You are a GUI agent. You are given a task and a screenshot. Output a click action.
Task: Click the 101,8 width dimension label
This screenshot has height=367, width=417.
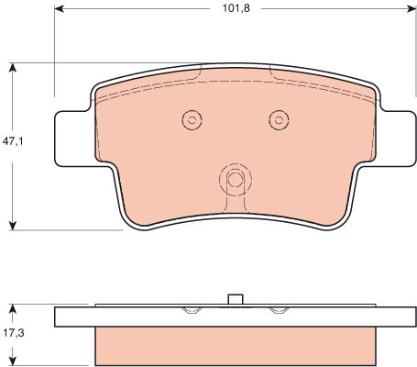236,8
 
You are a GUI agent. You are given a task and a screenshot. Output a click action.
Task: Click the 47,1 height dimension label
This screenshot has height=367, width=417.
13,141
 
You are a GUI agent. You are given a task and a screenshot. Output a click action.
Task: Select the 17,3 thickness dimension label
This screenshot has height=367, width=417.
14,332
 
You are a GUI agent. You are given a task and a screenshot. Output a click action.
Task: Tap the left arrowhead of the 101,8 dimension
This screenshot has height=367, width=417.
60,9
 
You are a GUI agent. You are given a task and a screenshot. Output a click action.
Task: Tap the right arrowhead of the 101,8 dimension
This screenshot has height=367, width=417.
412,9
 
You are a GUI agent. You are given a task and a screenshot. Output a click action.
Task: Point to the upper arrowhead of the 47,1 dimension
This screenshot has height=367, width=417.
12,68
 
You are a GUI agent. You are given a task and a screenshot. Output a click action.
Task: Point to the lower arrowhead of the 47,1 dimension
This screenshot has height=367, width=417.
12,226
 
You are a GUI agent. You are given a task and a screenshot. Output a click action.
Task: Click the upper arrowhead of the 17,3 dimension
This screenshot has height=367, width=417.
12,309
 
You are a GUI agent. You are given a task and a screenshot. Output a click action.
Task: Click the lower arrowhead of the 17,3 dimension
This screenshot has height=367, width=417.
12,361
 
